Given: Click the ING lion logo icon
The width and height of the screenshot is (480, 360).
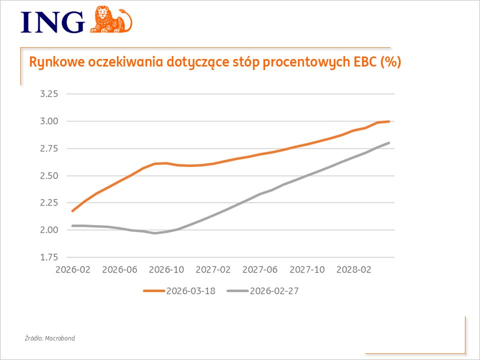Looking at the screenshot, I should point(111,19).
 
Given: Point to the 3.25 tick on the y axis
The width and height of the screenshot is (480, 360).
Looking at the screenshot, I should point(49,94).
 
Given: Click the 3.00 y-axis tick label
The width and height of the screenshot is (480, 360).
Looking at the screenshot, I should point(49,121).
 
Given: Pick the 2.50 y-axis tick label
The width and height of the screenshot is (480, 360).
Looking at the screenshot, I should point(49,175).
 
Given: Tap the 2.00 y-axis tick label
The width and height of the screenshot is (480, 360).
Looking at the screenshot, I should point(49,230).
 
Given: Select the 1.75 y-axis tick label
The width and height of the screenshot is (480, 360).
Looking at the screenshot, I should point(49,257).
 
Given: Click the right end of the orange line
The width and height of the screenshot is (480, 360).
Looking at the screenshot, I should point(388,121).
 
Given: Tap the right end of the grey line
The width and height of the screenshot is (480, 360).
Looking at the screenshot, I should point(388,143).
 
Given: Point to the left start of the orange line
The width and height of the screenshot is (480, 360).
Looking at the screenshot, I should point(73,211).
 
